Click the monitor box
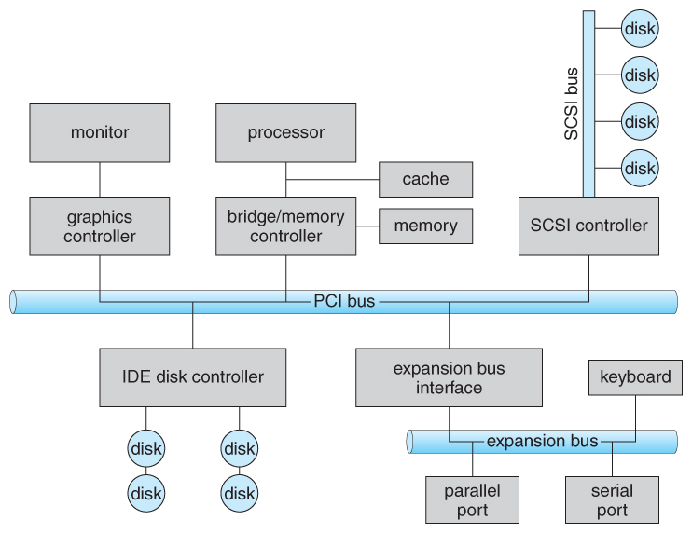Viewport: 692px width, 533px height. click(x=100, y=132)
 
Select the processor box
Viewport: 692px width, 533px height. click(x=285, y=132)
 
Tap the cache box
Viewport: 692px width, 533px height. click(x=425, y=179)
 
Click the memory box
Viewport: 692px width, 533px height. click(x=425, y=225)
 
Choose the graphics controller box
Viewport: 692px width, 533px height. click(x=100, y=225)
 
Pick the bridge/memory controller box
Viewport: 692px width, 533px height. click(x=285, y=225)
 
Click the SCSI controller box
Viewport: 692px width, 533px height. click(x=588, y=225)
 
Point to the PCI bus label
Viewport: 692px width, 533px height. click(x=345, y=302)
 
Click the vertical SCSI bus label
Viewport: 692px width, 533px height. click(x=572, y=103)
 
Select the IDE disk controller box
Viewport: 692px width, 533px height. click(x=193, y=377)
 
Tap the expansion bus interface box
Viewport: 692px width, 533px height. click(x=449, y=377)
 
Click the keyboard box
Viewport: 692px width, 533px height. click(x=635, y=377)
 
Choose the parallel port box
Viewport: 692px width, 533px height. click(x=472, y=499)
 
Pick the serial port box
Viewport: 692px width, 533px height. click(x=612, y=499)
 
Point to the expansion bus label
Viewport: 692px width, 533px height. click(x=542, y=441)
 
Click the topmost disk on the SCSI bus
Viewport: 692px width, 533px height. click(x=640, y=28)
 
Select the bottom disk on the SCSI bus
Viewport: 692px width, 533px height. click(x=640, y=169)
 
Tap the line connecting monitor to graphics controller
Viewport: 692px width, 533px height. click(x=100, y=179)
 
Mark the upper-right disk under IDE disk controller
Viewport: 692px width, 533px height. click(x=240, y=449)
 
